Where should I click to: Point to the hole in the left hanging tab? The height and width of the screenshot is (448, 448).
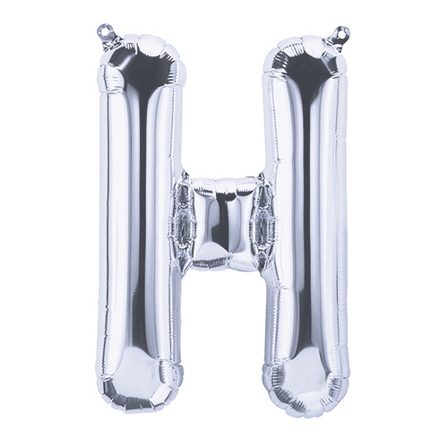[103, 30]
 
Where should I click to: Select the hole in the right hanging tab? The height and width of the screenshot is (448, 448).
[344, 30]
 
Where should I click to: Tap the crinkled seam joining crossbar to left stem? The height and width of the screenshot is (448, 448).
[181, 222]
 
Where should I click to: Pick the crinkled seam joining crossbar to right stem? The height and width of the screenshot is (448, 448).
[263, 222]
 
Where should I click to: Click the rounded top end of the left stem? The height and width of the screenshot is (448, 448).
[142, 60]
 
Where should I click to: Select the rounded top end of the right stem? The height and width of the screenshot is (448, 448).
[306, 61]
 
